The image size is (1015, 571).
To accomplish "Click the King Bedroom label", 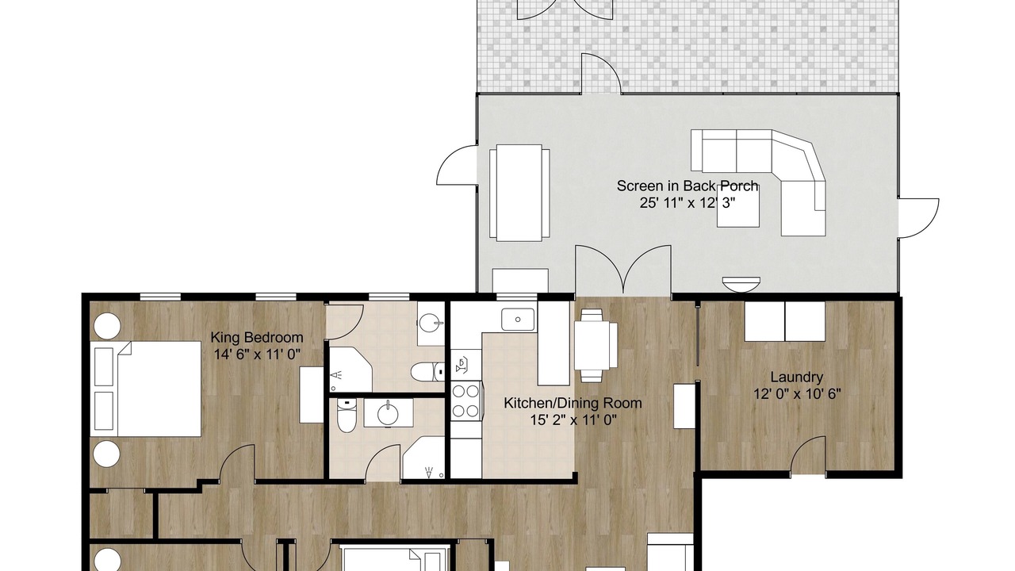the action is [257, 338].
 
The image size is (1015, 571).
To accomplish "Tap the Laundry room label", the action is [797, 377].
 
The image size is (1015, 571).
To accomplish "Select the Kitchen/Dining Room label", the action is [573, 403].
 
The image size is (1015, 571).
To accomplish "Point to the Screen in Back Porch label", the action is [688, 186].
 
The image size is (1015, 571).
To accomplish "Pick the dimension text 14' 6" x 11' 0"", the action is [257, 354].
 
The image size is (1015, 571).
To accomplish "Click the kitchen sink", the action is [518, 319].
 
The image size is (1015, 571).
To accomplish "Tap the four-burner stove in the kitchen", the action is [466, 400].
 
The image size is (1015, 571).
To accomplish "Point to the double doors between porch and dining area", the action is [623, 270].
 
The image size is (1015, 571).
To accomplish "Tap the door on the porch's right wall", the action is [918, 218].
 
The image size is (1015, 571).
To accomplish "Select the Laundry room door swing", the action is [808, 455].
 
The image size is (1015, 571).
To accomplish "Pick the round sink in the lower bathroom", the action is [388, 414].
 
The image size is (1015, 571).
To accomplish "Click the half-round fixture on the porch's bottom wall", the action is [741, 284].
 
